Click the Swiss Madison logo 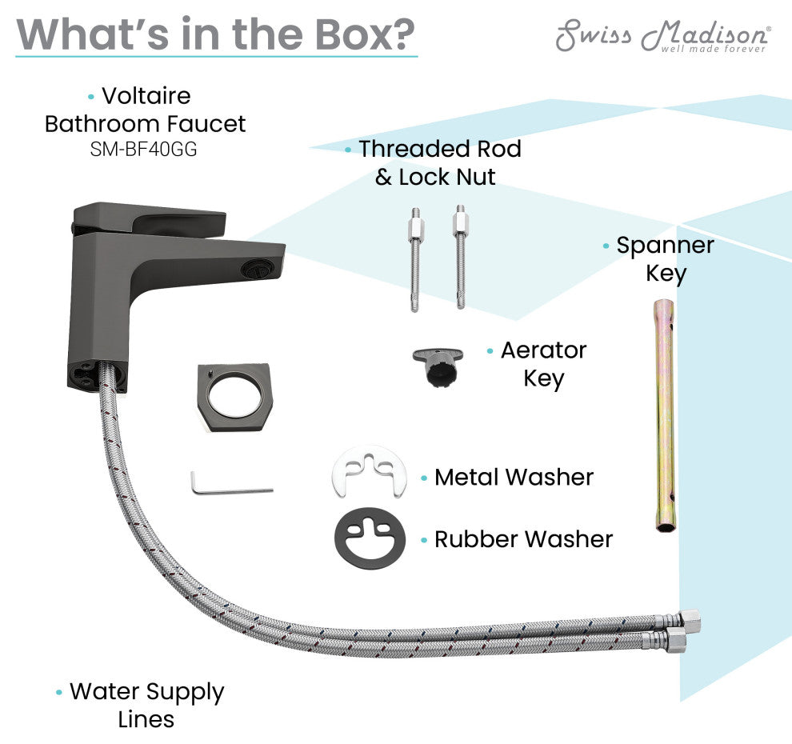[663, 35]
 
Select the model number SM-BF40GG [145, 150]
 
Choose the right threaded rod [460, 256]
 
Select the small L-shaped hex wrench [228, 484]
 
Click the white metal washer [368, 472]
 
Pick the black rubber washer [369, 538]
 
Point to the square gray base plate [234, 396]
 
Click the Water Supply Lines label [146, 705]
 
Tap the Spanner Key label [665, 259]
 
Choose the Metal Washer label [514, 478]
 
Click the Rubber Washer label [523, 539]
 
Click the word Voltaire [146, 96]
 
